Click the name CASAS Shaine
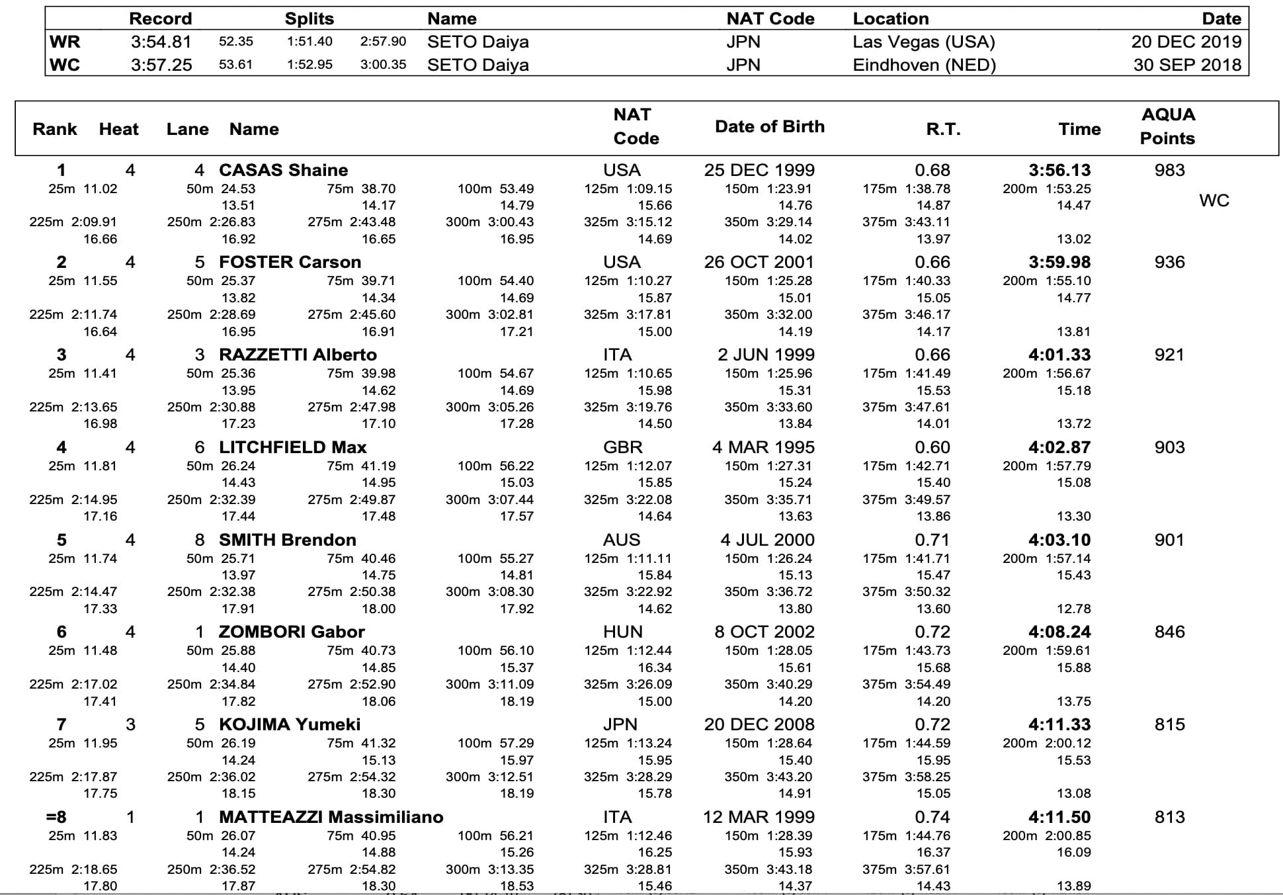coord(283,170)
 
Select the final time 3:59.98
coord(1059,262)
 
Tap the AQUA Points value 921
coord(1169,355)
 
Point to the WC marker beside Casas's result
coord(1214,200)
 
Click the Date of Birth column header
coord(770,126)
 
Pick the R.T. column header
coord(943,129)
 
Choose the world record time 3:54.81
coord(161,42)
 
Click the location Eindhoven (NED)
coord(924,65)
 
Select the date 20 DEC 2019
coord(1186,42)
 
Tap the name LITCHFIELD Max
coord(292,447)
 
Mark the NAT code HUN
coord(622,632)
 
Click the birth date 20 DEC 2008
coord(759,724)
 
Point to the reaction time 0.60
coord(932,447)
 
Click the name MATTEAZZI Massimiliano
coord(331,817)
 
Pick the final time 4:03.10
coord(1059,540)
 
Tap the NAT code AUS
coord(622,540)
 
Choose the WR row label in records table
coord(65,42)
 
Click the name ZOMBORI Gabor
coord(292,632)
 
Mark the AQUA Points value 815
coord(1169,724)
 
